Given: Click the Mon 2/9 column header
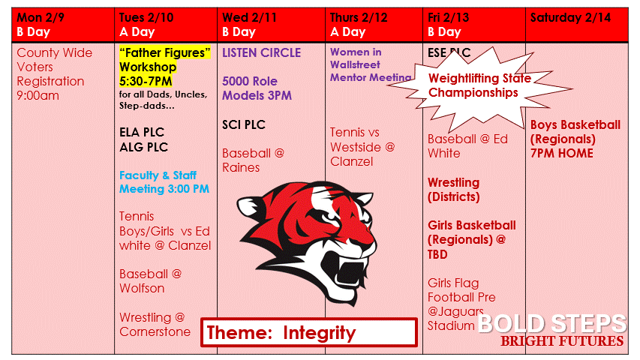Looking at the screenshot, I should (x=63, y=24).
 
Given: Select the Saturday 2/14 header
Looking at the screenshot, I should (x=576, y=18).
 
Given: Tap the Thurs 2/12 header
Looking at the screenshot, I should (x=374, y=24).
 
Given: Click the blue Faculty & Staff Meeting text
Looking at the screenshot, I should (x=164, y=182).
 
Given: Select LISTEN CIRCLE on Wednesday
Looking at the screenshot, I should (x=261, y=52).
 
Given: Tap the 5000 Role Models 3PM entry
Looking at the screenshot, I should (x=257, y=88).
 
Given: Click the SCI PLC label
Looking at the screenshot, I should (x=244, y=124).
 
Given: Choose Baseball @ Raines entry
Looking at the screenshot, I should (x=253, y=160).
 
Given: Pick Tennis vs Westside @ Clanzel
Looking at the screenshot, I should (x=362, y=147).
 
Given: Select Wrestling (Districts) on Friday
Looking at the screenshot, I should (x=453, y=190).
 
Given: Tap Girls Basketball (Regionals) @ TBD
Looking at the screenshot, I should (x=471, y=239).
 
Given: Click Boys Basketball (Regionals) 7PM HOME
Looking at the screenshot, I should (x=575, y=139).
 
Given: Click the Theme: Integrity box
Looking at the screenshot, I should (x=308, y=332).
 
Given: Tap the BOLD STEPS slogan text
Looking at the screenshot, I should (x=551, y=324).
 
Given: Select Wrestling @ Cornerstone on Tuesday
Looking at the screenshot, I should (x=155, y=325).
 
